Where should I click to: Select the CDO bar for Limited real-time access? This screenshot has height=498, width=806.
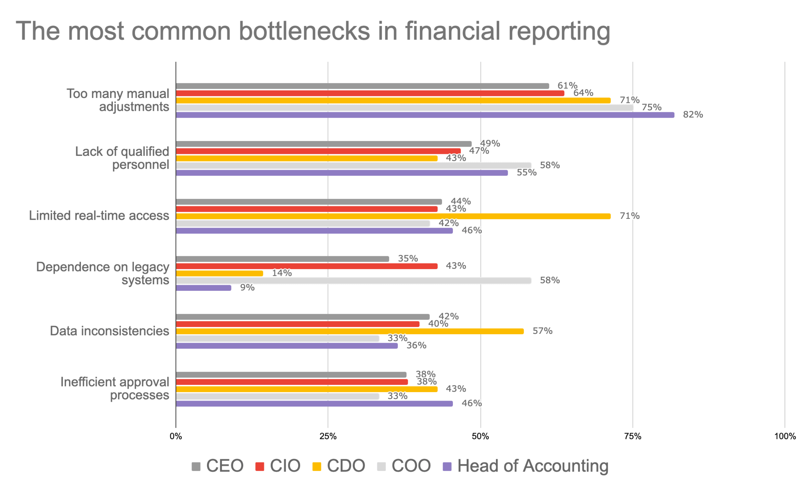click(393, 216)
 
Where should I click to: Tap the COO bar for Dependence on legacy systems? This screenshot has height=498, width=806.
click(353, 281)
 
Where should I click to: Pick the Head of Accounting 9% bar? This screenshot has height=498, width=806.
click(203, 288)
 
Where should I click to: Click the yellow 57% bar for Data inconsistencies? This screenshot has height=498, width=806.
click(349, 331)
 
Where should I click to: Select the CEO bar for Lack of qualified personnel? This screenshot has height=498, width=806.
click(324, 144)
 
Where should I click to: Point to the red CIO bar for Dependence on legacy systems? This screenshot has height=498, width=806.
click(306, 266)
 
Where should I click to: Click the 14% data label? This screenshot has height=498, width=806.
click(282, 273)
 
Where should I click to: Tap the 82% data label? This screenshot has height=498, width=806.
click(693, 114)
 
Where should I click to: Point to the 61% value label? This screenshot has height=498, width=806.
click(567, 86)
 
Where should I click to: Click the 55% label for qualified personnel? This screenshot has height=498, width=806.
click(526, 173)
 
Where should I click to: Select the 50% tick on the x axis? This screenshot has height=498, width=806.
click(480, 436)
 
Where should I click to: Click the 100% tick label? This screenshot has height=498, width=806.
click(785, 436)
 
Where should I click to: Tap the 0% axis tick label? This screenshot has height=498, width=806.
click(176, 436)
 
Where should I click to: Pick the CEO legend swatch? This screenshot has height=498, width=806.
click(196, 467)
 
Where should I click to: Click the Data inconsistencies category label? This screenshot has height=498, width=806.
click(109, 331)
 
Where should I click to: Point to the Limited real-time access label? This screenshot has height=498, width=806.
click(99, 216)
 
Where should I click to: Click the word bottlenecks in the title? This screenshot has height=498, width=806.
click(304, 31)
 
